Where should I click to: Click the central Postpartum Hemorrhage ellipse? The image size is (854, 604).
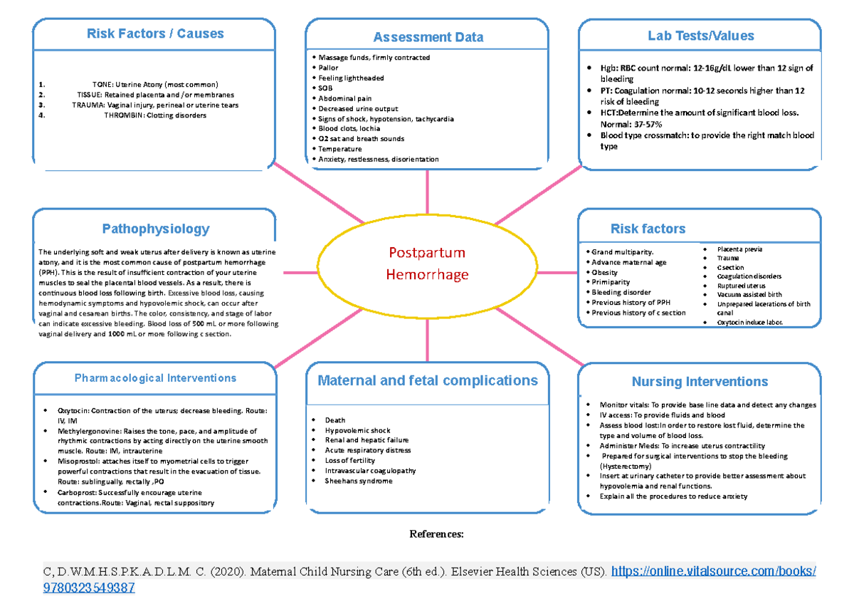[x=427, y=264]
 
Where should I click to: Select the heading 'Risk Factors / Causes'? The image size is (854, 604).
[x=155, y=33]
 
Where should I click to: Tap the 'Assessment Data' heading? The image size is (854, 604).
[x=428, y=37]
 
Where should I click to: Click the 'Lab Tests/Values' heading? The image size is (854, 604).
[x=700, y=36]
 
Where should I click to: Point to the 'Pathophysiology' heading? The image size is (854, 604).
[x=155, y=229]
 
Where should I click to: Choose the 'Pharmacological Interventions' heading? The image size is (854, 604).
[x=155, y=378]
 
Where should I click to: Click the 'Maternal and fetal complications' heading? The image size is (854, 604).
[x=428, y=380]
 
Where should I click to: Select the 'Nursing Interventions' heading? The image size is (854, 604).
[x=700, y=382]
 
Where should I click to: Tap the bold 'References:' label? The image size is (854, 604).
[x=436, y=533]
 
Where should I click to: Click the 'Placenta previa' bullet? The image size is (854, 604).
[x=739, y=249]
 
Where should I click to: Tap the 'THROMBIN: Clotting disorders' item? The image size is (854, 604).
[x=155, y=115]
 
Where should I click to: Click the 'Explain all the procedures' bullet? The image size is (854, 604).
[x=673, y=496]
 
